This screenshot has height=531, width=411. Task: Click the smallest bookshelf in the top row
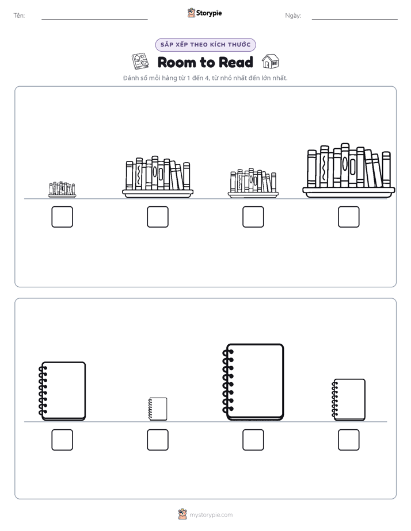coord(62,189)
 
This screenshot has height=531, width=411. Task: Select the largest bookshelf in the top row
coord(349,170)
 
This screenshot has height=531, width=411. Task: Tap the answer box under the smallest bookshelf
coord(62,217)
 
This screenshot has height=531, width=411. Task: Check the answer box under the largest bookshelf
coord(349,217)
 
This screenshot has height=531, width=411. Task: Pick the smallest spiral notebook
coord(158,409)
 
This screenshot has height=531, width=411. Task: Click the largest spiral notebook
coord(253,382)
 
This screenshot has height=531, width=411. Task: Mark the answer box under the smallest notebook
coord(158,440)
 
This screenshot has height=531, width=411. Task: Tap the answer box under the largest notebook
coord(253,440)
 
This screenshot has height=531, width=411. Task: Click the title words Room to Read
coord(205,62)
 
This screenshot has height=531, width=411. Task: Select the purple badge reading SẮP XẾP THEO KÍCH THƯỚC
coord(205,45)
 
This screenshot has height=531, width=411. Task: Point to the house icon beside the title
coord(271,61)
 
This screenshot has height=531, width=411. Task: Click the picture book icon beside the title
coord(140,61)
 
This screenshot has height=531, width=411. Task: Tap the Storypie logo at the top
coord(205,13)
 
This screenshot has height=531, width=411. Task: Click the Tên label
coord(19,16)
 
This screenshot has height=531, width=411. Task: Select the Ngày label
coord(293,16)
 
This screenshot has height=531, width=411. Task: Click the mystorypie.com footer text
coord(211,515)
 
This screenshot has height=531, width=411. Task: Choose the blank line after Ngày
coord(355,20)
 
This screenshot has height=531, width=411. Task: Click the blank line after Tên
coord(94,20)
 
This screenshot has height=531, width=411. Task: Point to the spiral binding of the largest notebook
coord(228,381)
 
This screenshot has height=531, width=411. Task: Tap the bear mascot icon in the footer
coord(182,514)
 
